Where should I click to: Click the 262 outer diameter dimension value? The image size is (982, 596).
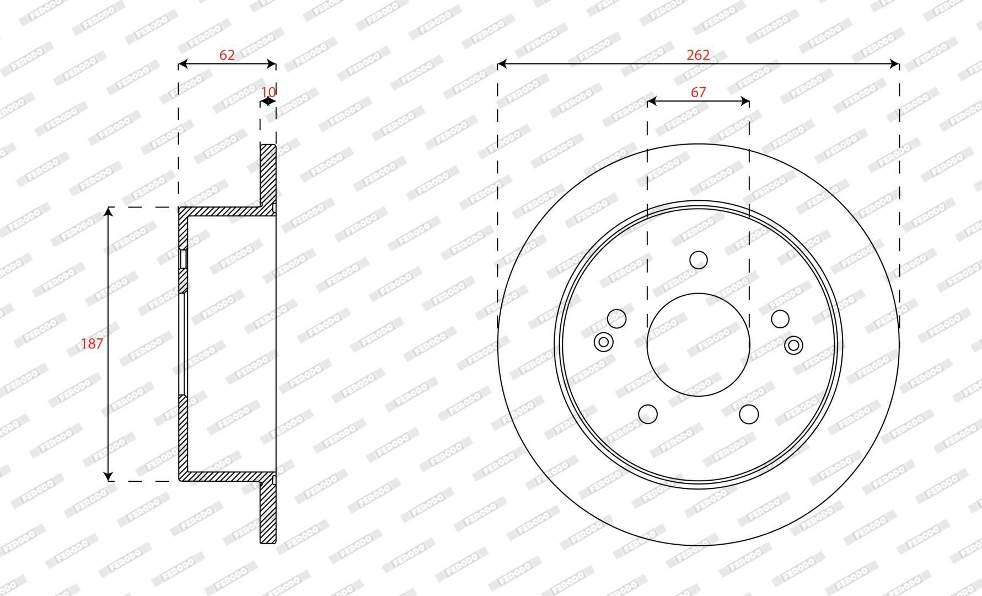[x=698, y=55]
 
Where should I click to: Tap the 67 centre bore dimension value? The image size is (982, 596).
[x=698, y=92]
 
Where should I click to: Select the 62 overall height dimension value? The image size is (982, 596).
[x=227, y=55]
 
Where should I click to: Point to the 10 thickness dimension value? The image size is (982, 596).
[x=269, y=92]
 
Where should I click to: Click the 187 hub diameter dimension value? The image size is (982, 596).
[x=92, y=343]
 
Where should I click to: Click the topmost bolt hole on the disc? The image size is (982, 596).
[x=699, y=259]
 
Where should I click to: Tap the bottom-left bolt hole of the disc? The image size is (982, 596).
[x=648, y=413]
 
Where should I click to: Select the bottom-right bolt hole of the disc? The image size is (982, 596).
[x=749, y=413]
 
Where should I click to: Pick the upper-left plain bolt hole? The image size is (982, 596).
[x=616, y=318]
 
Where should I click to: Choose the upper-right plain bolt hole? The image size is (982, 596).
[x=780, y=318]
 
